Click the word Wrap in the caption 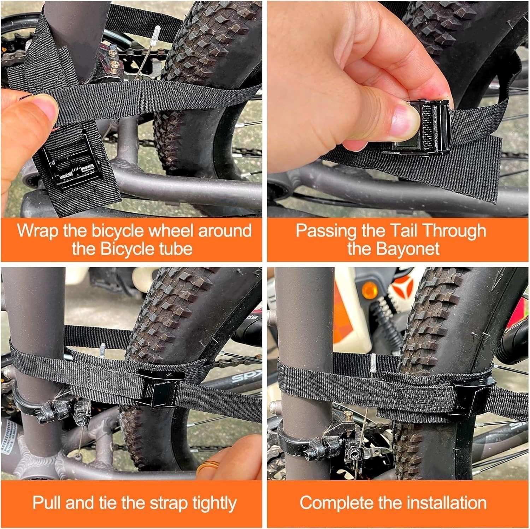click(x=38, y=230)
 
